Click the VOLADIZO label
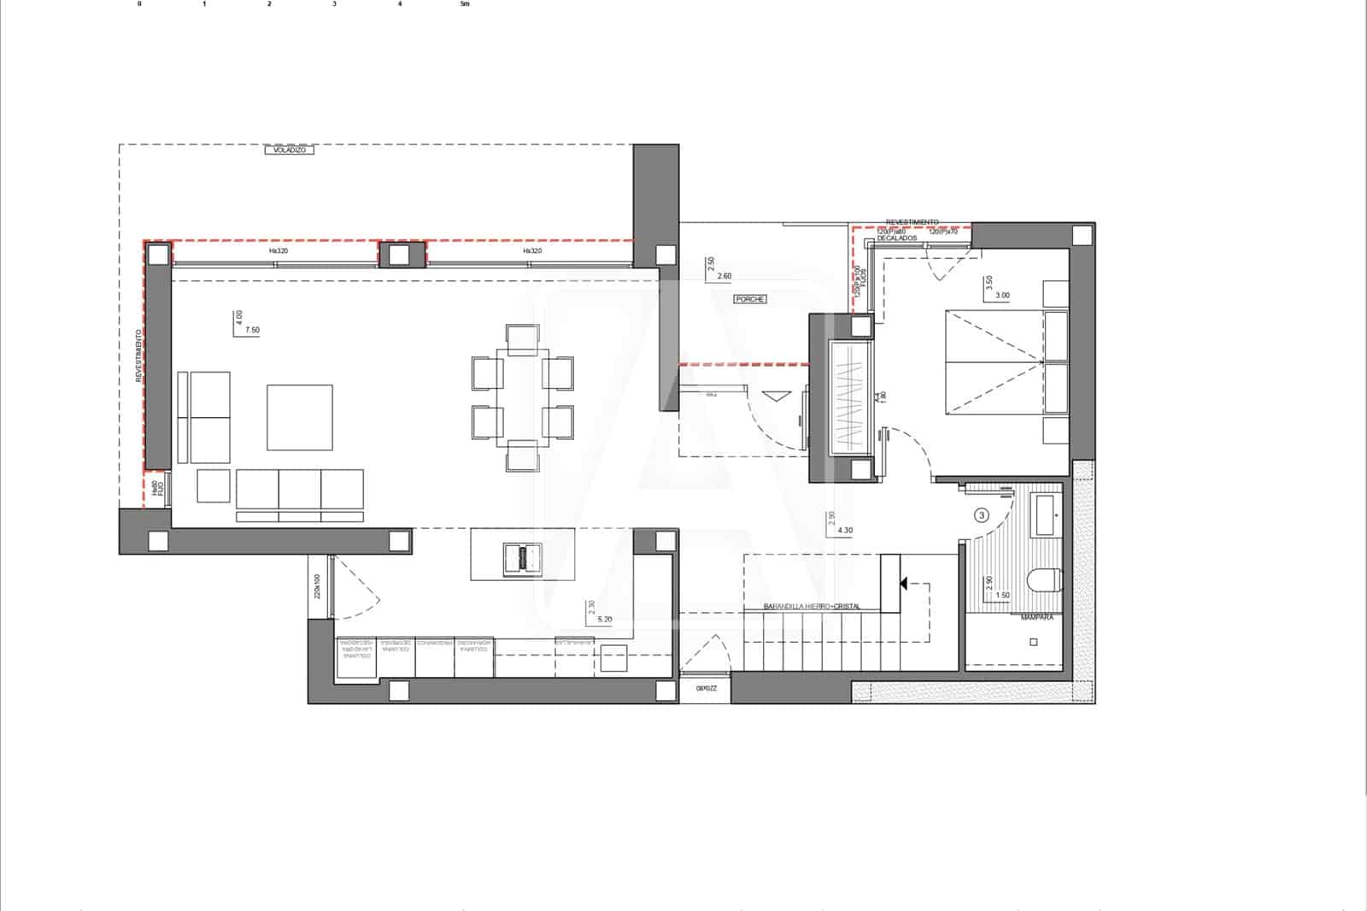point(290,150)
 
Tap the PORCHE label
point(749,299)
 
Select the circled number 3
point(982,515)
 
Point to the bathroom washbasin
point(1046,515)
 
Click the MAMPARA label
point(1037,617)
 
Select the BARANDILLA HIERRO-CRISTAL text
point(812,607)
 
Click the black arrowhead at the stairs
point(901,584)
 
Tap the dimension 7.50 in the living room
point(252,330)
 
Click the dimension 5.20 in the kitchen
point(604,620)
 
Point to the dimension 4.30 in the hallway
point(845,531)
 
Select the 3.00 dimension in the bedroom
point(1002,296)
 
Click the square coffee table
point(299,417)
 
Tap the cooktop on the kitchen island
point(521,558)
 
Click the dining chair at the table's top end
point(521,339)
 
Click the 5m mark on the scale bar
point(465,4)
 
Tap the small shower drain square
point(1033,642)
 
